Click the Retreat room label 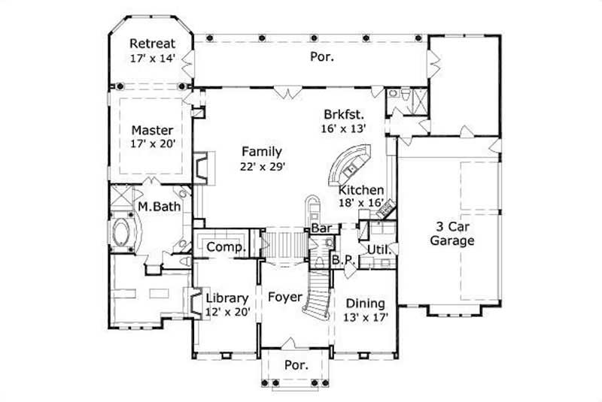tap(154, 42)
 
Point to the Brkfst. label tap(344, 115)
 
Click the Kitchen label tap(361, 190)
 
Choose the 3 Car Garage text tap(456, 234)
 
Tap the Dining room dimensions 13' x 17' tap(365, 317)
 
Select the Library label tap(227, 298)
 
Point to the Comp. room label tap(224, 246)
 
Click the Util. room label tap(377, 249)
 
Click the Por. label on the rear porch tap(321, 56)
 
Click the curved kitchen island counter tap(348, 165)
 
